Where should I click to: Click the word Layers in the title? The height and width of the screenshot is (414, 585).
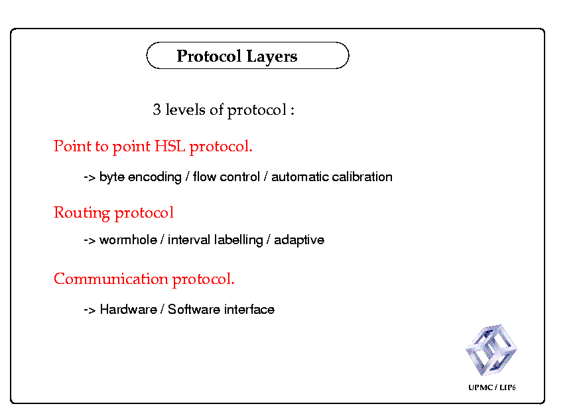pyautogui.click(x=272, y=57)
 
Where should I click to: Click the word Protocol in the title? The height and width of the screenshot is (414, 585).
pyautogui.click(x=209, y=56)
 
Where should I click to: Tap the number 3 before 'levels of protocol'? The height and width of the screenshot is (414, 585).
pyautogui.click(x=157, y=109)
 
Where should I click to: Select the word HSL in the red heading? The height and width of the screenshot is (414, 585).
pyautogui.click(x=170, y=146)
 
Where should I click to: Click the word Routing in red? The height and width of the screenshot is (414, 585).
pyautogui.click(x=82, y=213)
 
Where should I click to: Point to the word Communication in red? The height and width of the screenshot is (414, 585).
pyautogui.click(x=111, y=279)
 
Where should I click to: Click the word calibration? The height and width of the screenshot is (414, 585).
pyautogui.click(x=362, y=176)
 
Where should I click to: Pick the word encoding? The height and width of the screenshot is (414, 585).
pyautogui.click(x=155, y=177)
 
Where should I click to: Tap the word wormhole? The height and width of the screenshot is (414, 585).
pyautogui.click(x=129, y=240)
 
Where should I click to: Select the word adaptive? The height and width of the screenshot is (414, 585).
pyautogui.click(x=299, y=240)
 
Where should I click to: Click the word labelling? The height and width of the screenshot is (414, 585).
pyautogui.click(x=238, y=240)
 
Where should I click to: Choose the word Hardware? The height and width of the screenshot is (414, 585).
pyautogui.click(x=129, y=309)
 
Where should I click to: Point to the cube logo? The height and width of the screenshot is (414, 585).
pyautogui.click(x=491, y=350)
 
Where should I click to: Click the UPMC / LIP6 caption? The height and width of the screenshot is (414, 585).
pyautogui.click(x=491, y=387)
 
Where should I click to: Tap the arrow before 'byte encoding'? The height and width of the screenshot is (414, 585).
pyautogui.click(x=90, y=177)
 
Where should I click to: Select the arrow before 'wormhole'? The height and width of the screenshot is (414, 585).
pyautogui.click(x=90, y=240)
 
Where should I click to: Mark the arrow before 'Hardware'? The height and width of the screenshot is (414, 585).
pyautogui.click(x=90, y=310)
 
